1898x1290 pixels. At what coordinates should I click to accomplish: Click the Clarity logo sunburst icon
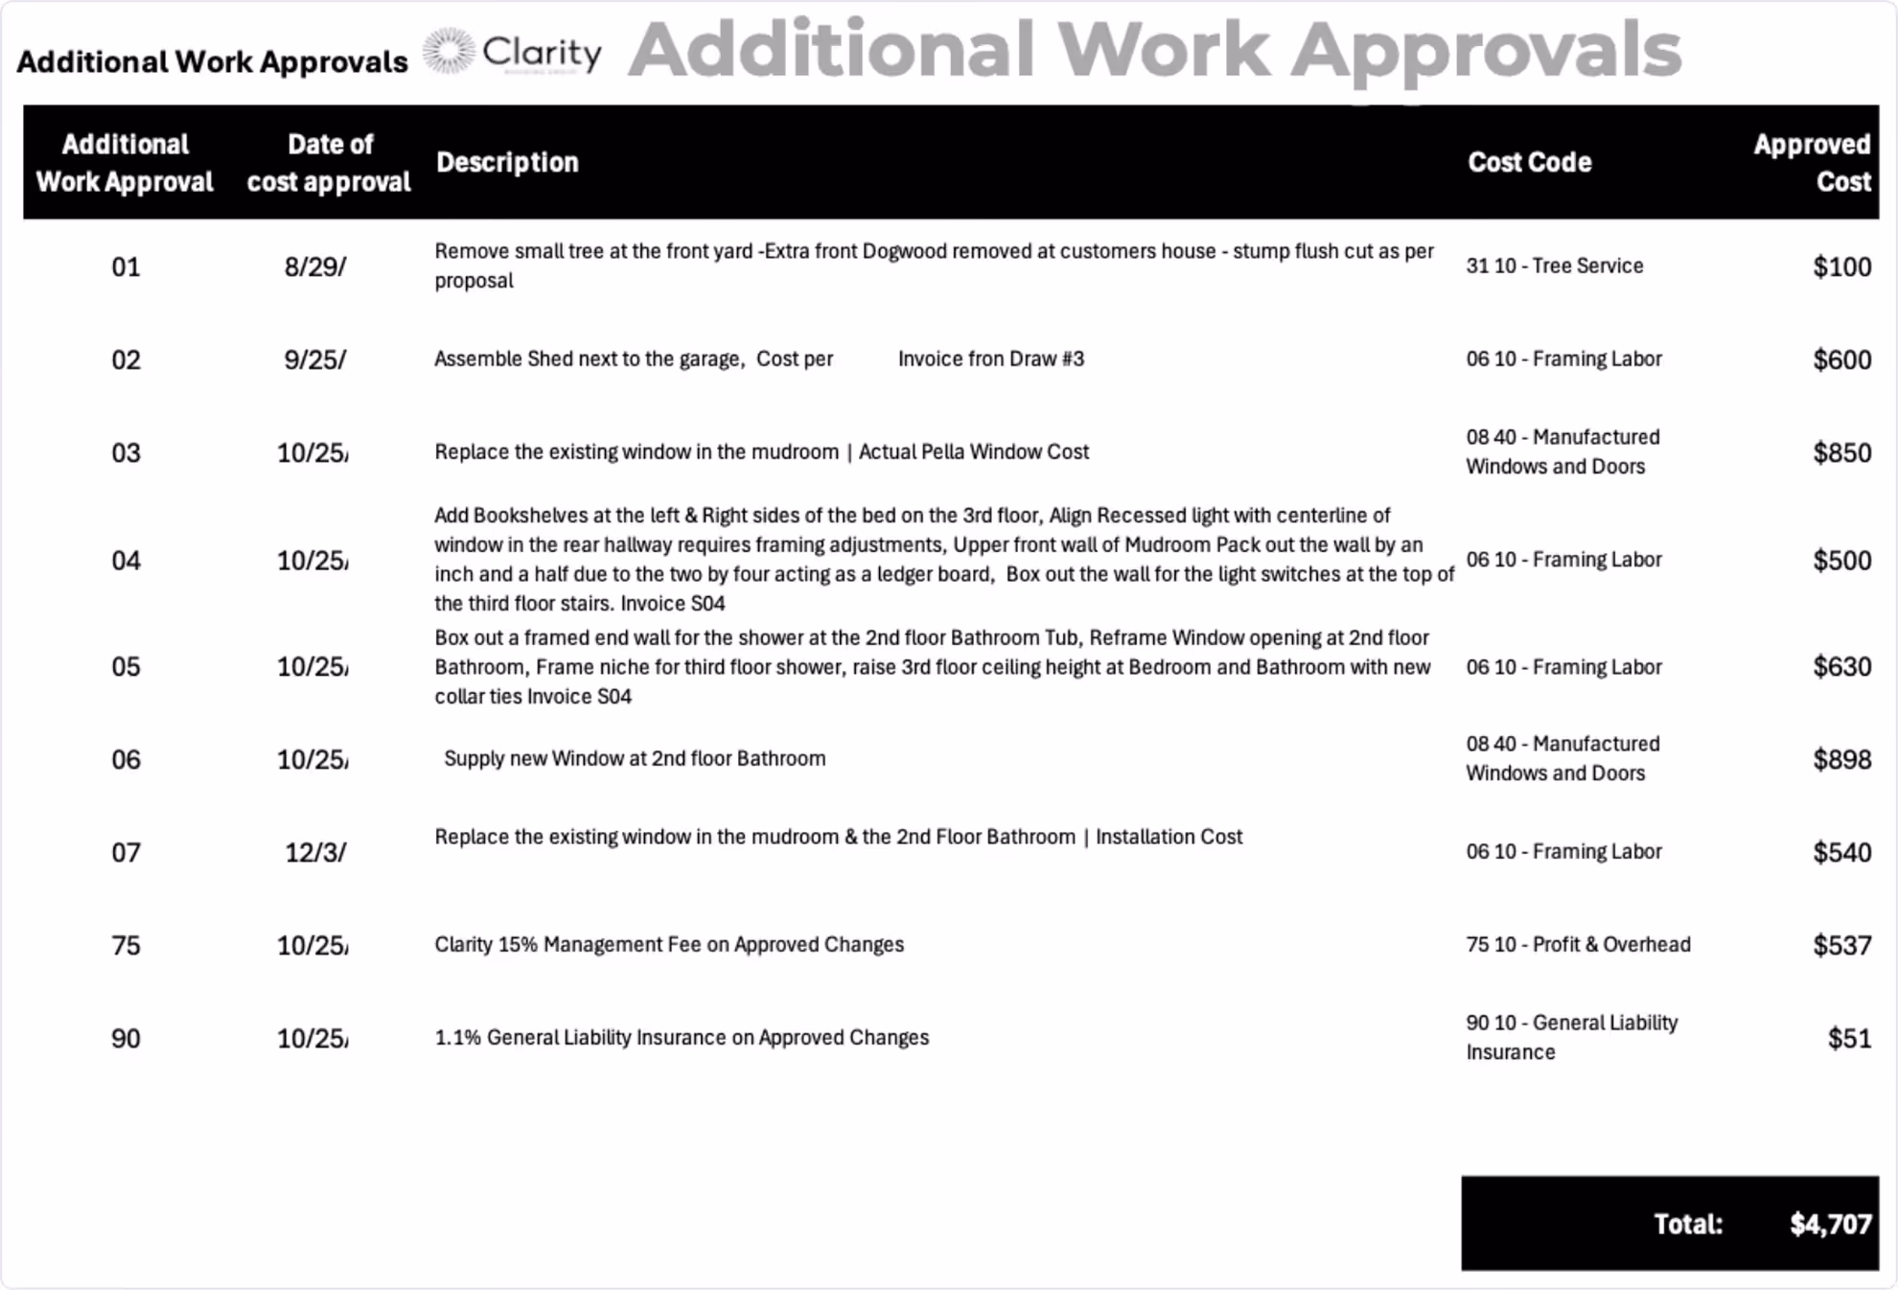pyautogui.click(x=448, y=51)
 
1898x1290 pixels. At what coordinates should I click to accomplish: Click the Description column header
pyautogui.click(x=507, y=162)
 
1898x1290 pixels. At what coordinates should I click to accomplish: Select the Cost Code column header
pyautogui.click(x=1529, y=162)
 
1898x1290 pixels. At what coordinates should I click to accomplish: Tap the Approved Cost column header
pyautogui.click(x=1811, y=162)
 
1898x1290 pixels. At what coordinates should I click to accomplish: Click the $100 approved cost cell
pyautogui.click(x=1841, y=266)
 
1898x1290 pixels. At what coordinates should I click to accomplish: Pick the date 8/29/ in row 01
pyautogui.click(x=314, y=266)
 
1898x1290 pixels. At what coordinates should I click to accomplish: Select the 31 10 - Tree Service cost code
pyautogui.click(x=1554, y=265)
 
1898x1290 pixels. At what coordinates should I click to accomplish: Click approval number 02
pyautogui.click(x=126, y=359)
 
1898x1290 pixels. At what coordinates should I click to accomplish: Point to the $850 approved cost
pyautogui.click(x=1841, y=452)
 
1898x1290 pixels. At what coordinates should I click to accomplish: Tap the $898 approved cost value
pyautogui.click(x=1841, y=759)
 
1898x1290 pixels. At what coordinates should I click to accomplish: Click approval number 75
pyautogui.click(x=126, y=945)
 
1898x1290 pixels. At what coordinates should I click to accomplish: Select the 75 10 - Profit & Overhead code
pyautogui.click(x=1578, y=944)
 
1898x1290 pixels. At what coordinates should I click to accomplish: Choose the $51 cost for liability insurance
pyautogui.click(x=1849, y=1038)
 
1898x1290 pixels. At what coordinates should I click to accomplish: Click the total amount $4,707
pyautogui.click(x=1830, y=1224)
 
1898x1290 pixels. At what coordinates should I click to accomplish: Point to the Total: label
pyautogui.click(x=1688, y=1224)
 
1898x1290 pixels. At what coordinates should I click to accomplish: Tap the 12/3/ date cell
pyautogui.click(x=315, y=852)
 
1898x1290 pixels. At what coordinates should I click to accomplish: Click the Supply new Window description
pyautogui.click(x=634, y=758)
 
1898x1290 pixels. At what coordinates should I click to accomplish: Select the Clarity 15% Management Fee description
pyautogui.click(x=669, y=944)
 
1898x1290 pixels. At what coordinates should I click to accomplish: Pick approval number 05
pyautogui.click(x=126, y=666)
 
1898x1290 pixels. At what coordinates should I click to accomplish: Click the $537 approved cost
pyautogui.click(x=1841, y=945)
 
